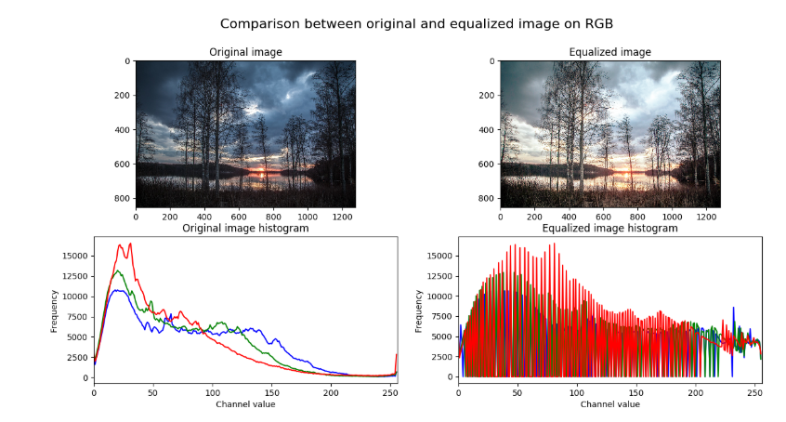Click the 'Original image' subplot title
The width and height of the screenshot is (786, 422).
pos(245,52)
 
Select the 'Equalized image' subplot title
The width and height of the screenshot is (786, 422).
pos(609,52)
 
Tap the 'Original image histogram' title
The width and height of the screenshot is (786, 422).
pos(245,228)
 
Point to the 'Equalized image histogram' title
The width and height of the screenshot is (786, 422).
pos(609,228)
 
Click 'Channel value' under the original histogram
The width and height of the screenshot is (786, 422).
pos(245,403)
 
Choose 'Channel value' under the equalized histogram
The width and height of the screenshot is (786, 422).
pos(609,403)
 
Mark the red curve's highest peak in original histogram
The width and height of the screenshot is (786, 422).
pos(130,244)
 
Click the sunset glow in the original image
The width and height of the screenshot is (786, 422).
pos(262,171)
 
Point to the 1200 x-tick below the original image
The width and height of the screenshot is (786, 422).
pos(341,217)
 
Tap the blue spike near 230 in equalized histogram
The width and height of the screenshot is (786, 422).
pos(733,308)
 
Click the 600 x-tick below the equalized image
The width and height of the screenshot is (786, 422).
pos(603,217)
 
